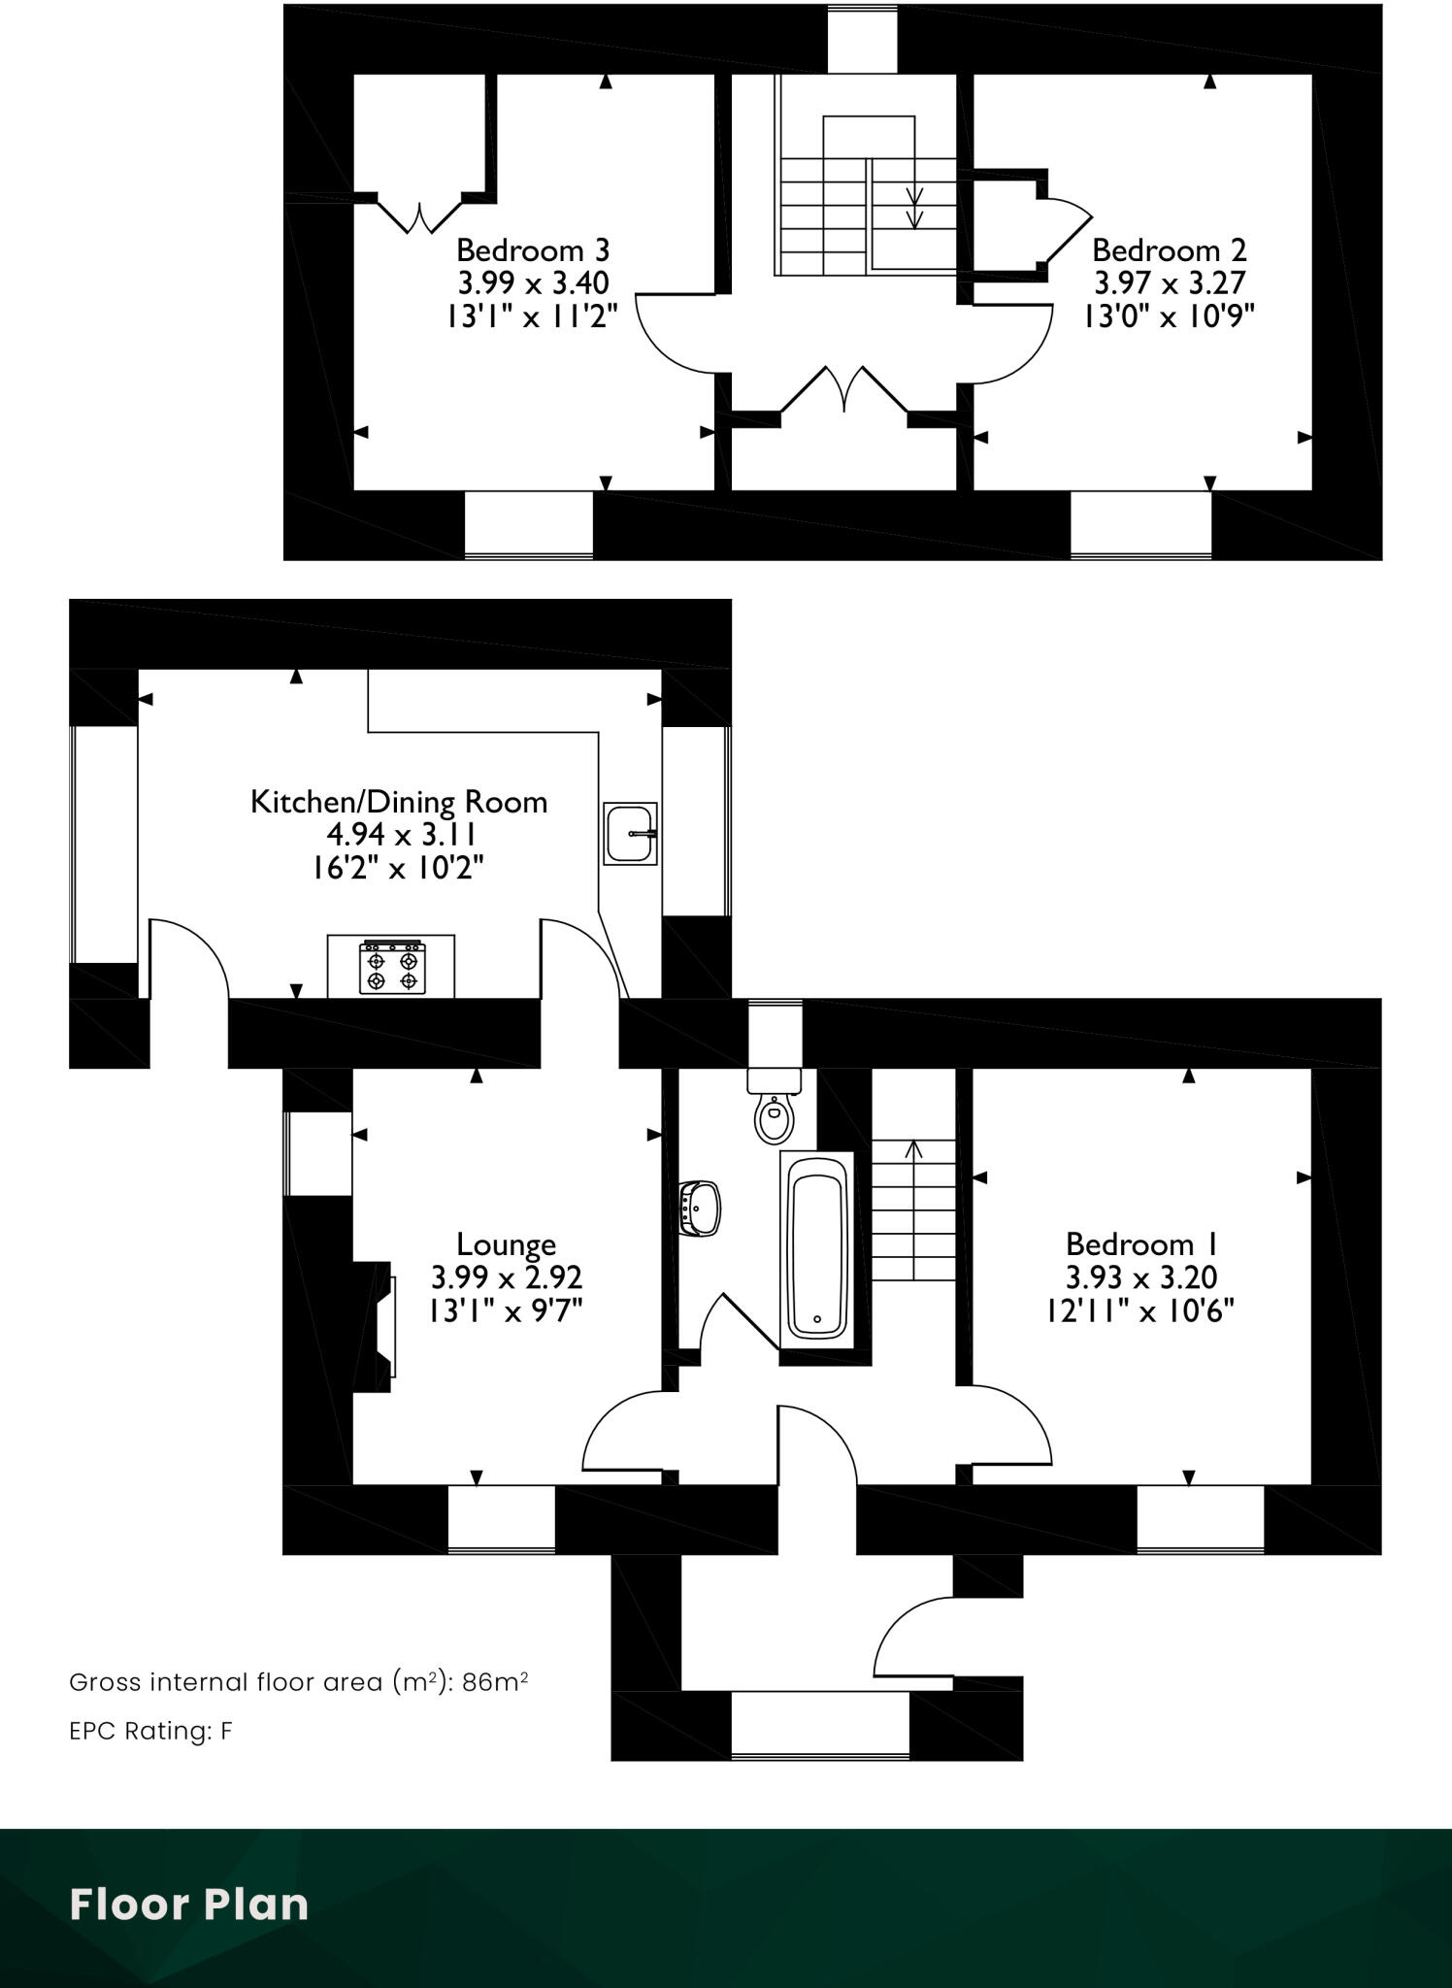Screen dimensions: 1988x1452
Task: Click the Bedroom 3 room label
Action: click(x=533, y=250)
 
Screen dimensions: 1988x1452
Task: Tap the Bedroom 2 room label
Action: click(x=1169, y=250)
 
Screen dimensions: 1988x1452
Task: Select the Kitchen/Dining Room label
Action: click(x=399, y=802)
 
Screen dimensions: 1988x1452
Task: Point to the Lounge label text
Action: click(x=506, y=1244)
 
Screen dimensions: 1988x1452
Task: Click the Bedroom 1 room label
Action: click(x=1141, y=1244)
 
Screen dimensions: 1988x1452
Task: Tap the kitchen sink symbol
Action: click(x=629, y=833)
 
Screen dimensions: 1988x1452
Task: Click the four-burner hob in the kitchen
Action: click(x=392, y=968)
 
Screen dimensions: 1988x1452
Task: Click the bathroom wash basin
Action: click(x=702, y=1208)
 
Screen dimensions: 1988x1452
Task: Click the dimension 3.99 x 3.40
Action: click(x=533, y=283)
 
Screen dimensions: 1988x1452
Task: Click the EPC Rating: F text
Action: click(x=150, y=1732)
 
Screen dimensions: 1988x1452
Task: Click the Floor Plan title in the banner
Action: click(x=189, y=1905)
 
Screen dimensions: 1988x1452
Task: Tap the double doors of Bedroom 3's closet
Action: click(x=419, y=217)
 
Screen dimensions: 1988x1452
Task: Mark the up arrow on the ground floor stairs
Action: click(x=913, y=1151)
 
